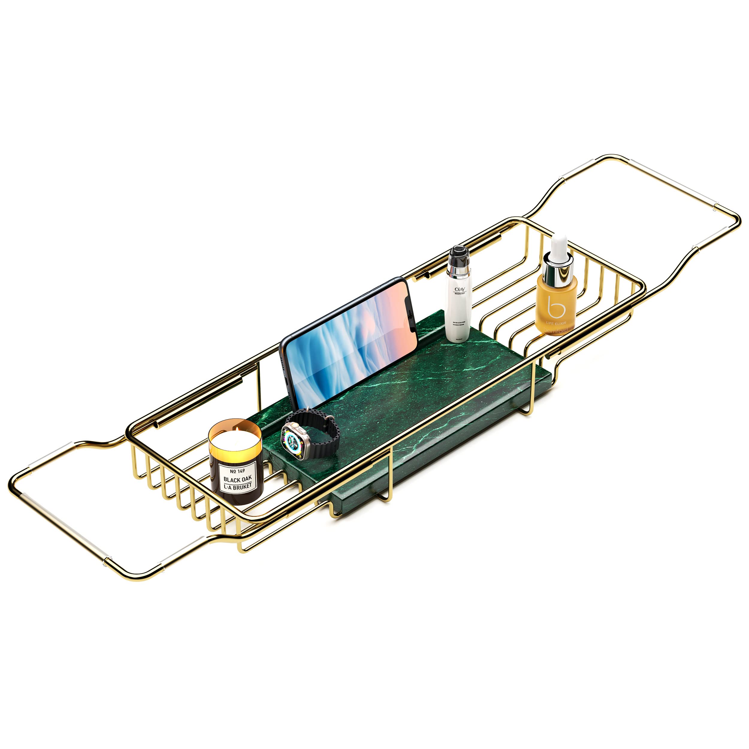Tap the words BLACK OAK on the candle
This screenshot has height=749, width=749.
(x=237, y=479)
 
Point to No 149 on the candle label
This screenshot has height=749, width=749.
(x=237, y=471)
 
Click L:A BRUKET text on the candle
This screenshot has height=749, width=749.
(x=238, y=487)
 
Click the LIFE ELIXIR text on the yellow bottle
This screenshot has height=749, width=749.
(x=557, y=323)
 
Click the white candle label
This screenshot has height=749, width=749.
(x=237, y=479)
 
